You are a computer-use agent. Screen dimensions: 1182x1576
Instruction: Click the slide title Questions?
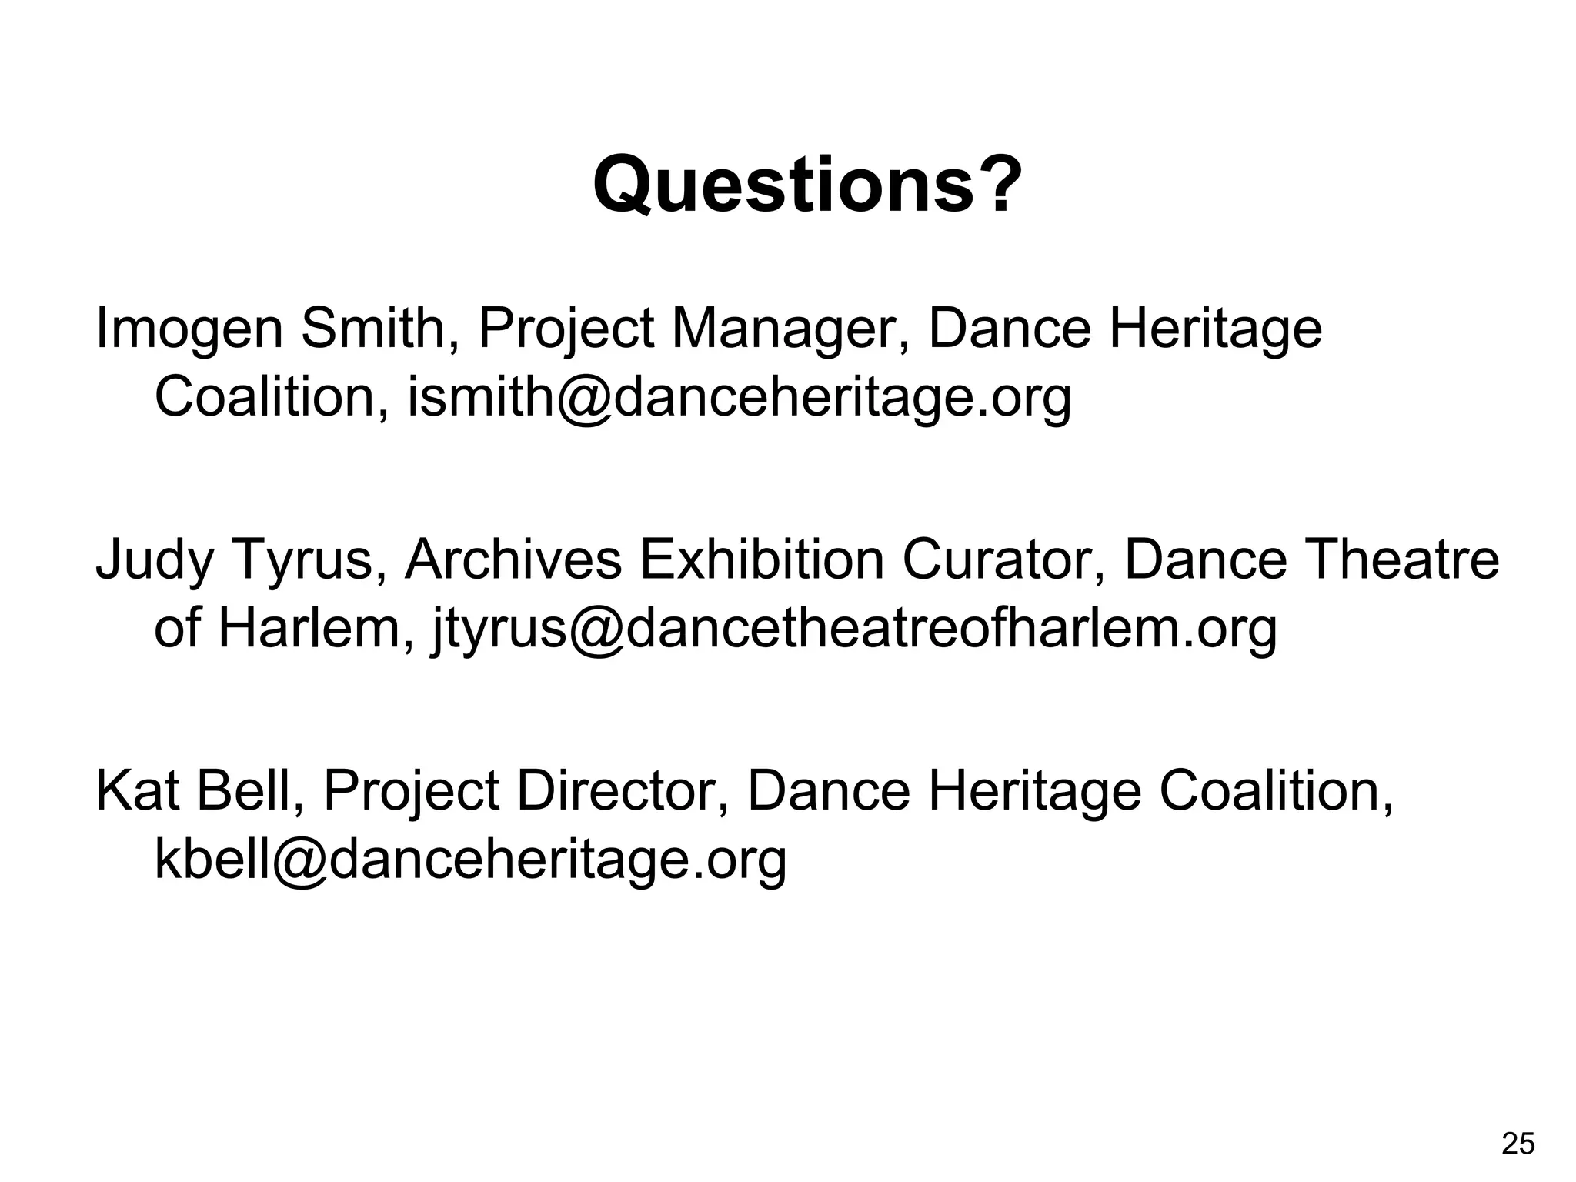click(x=808, y=185)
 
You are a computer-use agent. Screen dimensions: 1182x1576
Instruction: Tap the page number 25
click(x=1518, y=1144)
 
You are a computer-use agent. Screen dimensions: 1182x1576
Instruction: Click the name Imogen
click(x=189, y=329)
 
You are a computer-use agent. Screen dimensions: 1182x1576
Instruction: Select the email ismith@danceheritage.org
click(x=739, y=398)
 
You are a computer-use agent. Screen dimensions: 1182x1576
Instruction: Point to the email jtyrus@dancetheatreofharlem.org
click(x=853, y=629)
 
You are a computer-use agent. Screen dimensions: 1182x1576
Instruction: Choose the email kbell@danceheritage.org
click(x=470, y=860)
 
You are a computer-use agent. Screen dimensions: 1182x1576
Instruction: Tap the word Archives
click(x=513, y=560)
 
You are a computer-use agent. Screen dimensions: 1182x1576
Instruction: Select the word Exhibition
click(x=762, y=560)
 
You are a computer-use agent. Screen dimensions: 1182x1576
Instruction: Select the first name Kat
click(x=138, y=792)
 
